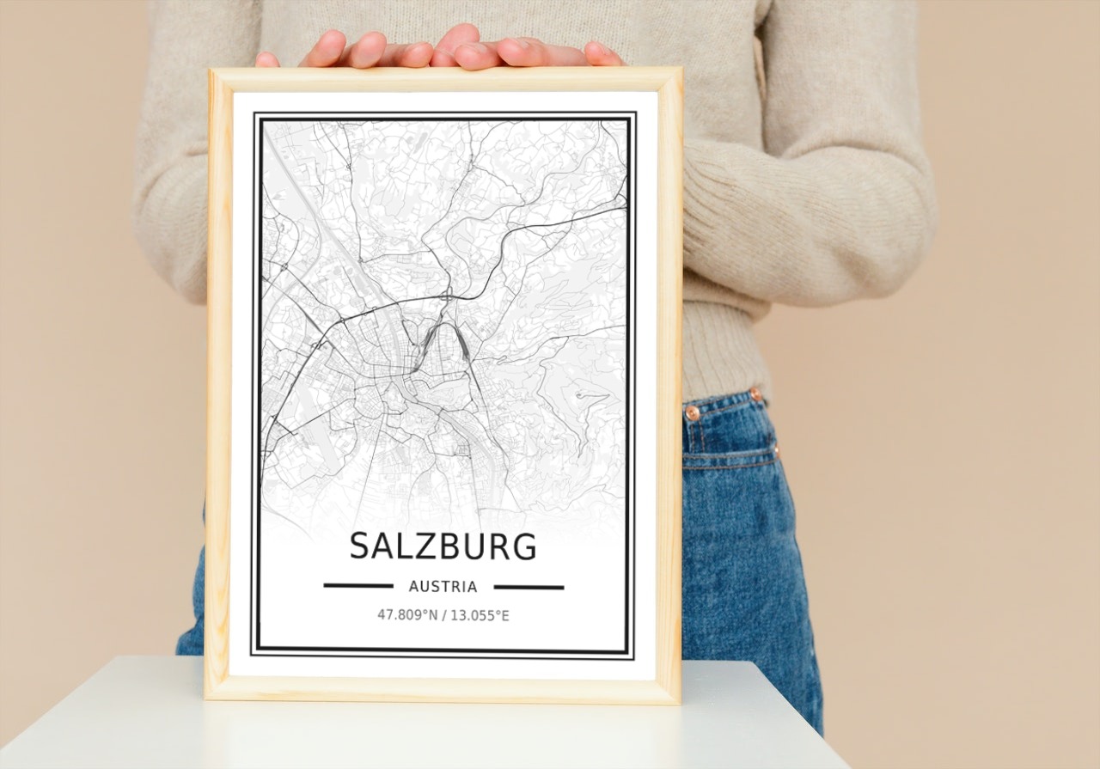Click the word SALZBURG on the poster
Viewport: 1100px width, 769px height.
pos(443,546)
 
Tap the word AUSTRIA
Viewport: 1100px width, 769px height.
pos(443,588)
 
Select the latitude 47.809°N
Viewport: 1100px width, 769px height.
pos(408,615)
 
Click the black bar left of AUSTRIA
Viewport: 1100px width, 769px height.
pos(358,586)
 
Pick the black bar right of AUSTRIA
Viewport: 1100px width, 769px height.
pos(529,587)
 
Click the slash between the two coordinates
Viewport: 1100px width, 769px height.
pos(443,615)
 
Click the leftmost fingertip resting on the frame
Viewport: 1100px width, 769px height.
pos(267,60)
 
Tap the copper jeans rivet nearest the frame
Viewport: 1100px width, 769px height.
pos(692,413)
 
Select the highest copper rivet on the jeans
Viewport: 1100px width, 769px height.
pos(756,394)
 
